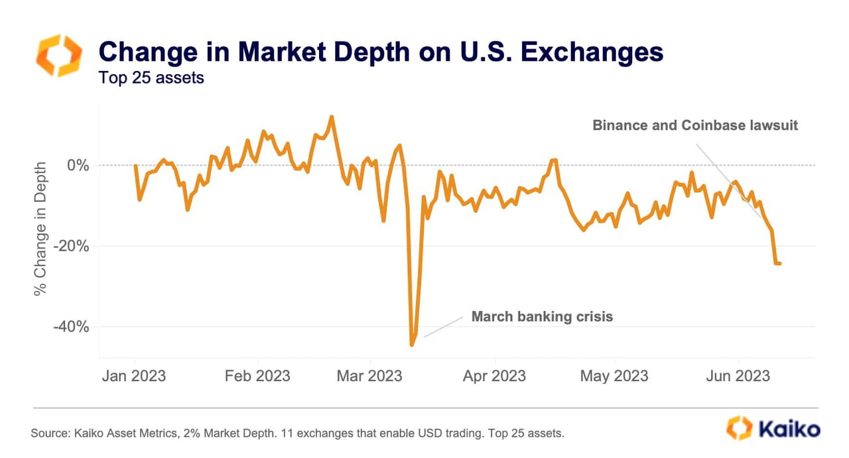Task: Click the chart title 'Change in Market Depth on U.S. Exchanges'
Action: [380, 51]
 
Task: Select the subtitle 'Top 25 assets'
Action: [151, 78]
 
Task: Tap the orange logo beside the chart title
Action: [59, 56]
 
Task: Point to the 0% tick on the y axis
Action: [78, 165]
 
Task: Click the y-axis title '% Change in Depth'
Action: [42, 228]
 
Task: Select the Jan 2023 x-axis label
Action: [134, 376]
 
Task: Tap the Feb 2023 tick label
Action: [257, 376]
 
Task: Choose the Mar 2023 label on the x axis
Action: [369, 376]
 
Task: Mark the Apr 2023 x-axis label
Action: [494, 376]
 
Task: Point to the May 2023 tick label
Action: [614, 376]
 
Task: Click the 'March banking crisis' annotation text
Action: [542, 317]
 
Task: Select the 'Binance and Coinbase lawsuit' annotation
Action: [695, 125]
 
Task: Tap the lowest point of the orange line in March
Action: [412, 345]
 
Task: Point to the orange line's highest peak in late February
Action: [332, 117]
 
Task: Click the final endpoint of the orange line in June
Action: [779, 263]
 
